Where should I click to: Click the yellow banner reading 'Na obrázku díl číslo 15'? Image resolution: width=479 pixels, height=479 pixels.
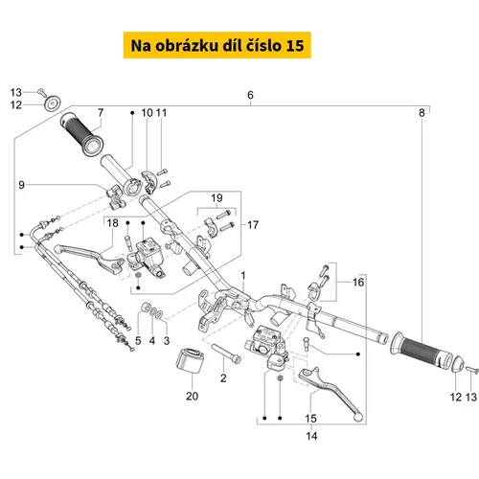click(x=217, y=45)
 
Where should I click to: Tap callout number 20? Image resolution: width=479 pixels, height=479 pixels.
click(x=192, y=396)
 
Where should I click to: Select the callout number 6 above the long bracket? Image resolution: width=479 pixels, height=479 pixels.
click(x=250, y=95)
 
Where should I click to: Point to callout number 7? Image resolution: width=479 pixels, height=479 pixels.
click(x=101, y=112)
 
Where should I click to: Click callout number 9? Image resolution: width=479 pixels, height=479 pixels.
click(x=21, y=185)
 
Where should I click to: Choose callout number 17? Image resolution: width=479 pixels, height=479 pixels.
click(x=253, y=225)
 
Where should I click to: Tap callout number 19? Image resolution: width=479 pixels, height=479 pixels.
click(x=217, y=198)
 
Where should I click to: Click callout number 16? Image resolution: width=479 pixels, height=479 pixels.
click(x=358, y=282)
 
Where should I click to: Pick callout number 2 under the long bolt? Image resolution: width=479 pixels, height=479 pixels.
click(x=223, y=378)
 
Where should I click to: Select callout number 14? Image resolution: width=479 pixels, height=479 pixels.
click(x=311, y=436)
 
